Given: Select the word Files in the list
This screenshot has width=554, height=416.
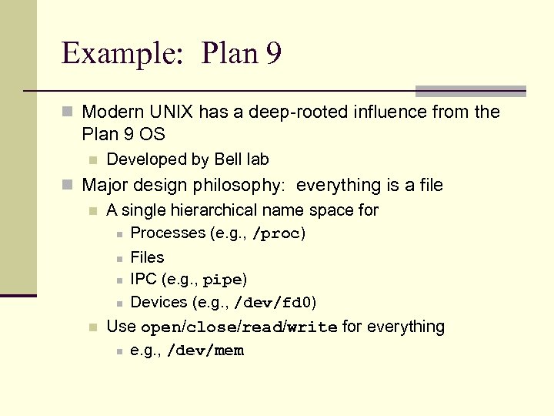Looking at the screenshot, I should tap(147, 257).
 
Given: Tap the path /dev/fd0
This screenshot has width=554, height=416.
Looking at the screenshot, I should tap(273, 303).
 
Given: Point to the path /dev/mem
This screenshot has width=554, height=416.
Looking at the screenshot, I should tap(205, 351).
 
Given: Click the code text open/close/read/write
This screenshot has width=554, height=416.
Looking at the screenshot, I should tap(239, 327).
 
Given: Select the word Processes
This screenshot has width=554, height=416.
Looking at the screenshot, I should tap(168, 233).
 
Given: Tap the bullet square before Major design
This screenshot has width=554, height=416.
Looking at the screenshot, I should tap(68, 186).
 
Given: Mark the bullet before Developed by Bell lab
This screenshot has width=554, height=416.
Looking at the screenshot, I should tap(92, 160).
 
